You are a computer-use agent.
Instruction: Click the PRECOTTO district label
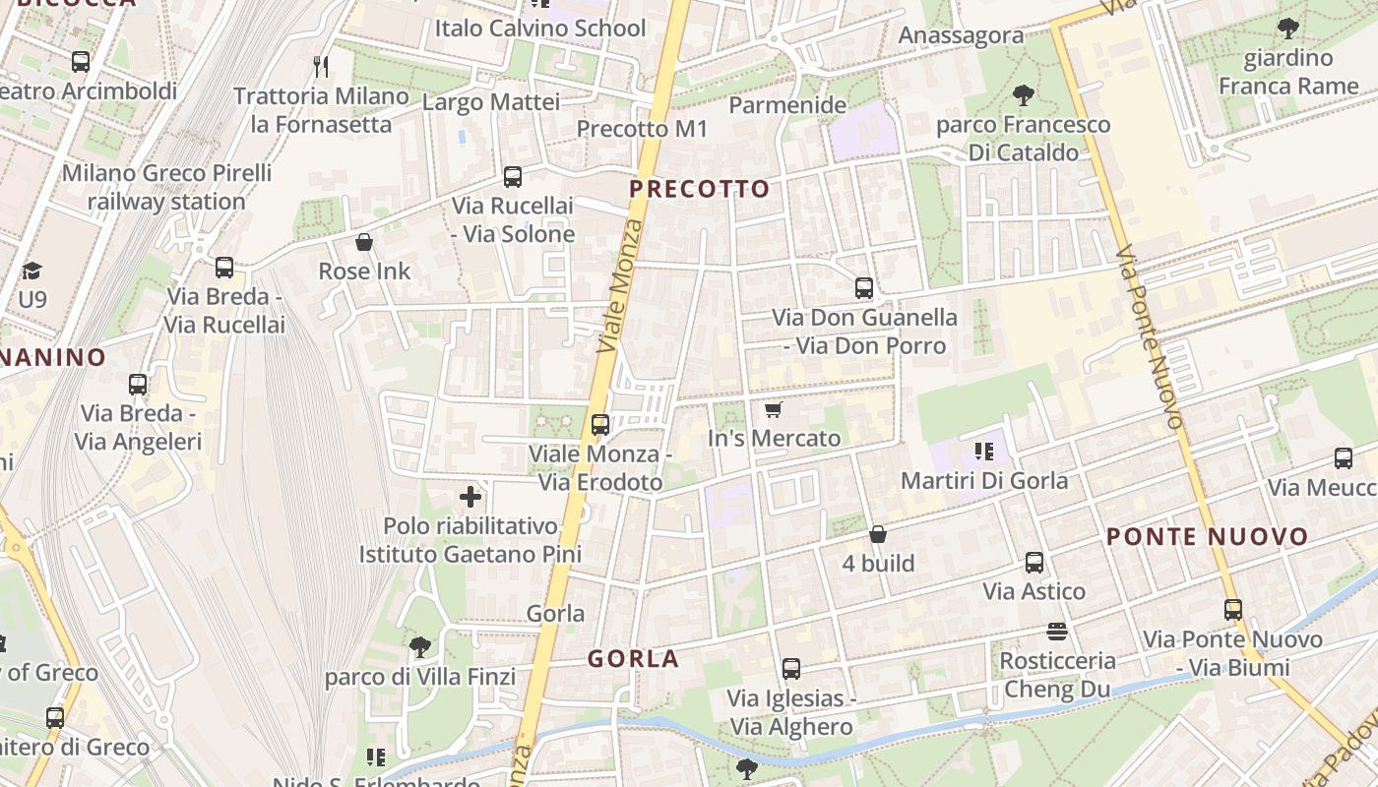pos(699,189)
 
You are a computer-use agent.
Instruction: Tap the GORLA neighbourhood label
pos(634,659)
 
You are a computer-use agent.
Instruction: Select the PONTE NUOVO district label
pos(1207,537)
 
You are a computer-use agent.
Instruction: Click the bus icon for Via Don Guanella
pos(864,288)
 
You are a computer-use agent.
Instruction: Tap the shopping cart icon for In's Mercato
pos(774,409)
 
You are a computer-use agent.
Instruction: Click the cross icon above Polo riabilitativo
pos(470,497)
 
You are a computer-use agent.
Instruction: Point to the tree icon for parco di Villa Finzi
pos(420,647)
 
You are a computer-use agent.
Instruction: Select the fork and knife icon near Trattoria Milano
pos(320,67)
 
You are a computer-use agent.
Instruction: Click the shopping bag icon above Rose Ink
pos(364,242)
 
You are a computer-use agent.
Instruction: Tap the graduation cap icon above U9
pos(32,271)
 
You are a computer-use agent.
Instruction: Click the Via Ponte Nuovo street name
pos(1149,336)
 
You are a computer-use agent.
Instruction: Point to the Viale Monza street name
pos(619,287)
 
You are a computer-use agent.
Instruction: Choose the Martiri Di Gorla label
pos(984,481)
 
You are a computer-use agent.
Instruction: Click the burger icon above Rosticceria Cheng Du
pos(1057,631)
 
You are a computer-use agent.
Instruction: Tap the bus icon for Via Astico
pos(1034,563)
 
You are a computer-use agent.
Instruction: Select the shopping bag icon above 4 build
pos(878,534)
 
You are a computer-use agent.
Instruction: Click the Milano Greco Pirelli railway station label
pos(166,187)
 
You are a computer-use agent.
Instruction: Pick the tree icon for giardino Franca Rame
pos(1287,29)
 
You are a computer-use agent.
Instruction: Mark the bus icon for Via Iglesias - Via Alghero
pos(790,669)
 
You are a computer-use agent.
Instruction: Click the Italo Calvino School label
pos(540,29)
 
